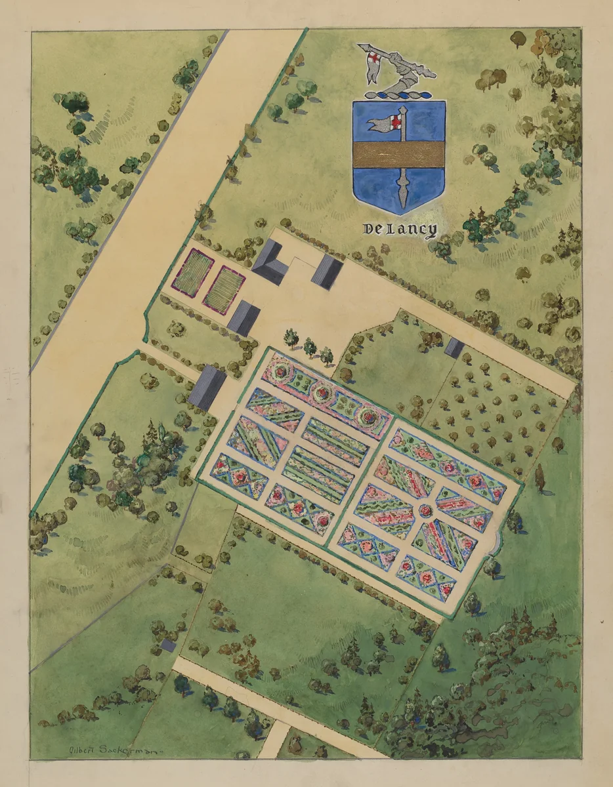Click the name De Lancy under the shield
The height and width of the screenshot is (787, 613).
(x=399, y=230)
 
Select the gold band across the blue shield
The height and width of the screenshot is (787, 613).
(x=399, y=154)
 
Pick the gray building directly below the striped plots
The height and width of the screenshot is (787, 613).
(x=244, y=317)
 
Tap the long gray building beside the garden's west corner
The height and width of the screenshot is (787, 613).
(x=207, y=388)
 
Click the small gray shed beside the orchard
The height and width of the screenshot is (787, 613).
(x=454, y=348)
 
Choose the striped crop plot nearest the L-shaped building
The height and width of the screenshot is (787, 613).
(x=224, y=289)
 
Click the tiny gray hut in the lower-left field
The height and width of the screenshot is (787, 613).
(x=169, y=645)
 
